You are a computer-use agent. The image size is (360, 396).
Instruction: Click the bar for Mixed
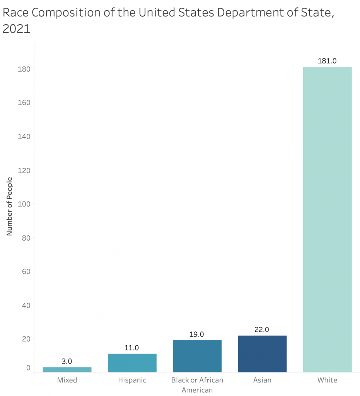(67, 370)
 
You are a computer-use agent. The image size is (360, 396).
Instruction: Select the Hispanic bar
(132, 363)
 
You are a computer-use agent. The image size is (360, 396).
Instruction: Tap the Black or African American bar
(197, 356)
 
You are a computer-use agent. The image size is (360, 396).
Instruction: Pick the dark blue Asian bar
(262, 354)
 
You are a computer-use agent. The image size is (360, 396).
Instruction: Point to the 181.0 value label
(327, 61)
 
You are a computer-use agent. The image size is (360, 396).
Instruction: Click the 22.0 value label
(262, 330)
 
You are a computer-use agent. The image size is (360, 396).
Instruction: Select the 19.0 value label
(197, 335)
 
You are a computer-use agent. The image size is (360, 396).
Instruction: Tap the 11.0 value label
(132, 348)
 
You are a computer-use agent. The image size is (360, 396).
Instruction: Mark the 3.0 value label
(67, 362)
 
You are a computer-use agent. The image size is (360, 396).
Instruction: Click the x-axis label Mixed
(67, 380)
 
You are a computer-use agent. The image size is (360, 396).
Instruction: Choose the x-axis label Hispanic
(132, 380)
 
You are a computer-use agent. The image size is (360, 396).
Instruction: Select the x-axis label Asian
(262, 380)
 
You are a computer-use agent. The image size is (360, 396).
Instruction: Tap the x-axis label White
(327, 380)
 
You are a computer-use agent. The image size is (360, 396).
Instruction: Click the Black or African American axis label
(197, 385)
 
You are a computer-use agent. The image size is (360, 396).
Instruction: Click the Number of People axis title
(10, 206)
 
